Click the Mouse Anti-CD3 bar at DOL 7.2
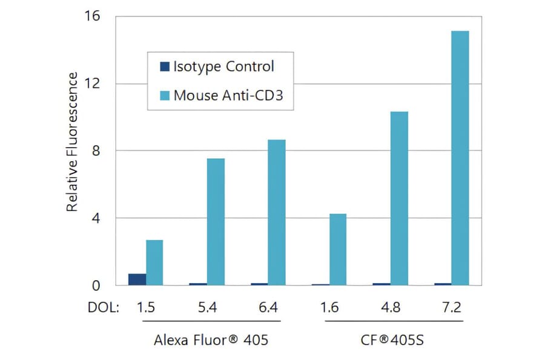tap(460, 158)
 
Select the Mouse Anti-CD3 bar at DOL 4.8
tap(399, 198)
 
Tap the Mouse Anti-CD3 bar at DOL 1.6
tap(338, 249)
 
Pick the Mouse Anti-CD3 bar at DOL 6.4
tap(277, 212)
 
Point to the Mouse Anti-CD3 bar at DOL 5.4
tap(216, 221)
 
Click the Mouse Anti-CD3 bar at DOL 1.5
tap(154, 262)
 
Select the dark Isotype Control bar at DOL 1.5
tap(137, 279)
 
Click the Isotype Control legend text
tap(223, 66)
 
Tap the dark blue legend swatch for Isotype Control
tap(164, 66)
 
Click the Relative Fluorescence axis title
tap(72, 142)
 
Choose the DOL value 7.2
tap(451, 308)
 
